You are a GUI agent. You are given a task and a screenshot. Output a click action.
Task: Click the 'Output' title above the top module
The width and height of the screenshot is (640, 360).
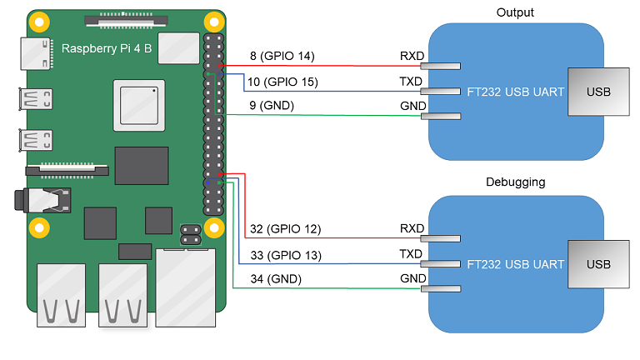tap(514, 12)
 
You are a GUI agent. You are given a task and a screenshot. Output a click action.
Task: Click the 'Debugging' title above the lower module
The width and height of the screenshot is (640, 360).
tap(514, 182)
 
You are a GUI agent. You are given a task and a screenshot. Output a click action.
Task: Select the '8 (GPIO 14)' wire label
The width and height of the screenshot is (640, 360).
tap(282, 57)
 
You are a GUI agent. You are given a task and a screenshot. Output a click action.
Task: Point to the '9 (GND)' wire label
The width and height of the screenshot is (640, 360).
tap(272, 106)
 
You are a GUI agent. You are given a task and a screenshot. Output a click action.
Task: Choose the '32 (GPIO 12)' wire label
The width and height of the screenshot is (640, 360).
tap(285, 228)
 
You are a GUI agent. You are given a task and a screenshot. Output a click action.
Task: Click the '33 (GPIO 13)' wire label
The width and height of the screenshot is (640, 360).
tap(285, 254)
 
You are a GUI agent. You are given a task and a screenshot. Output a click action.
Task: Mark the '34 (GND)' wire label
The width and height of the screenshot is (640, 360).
tap(275, 278)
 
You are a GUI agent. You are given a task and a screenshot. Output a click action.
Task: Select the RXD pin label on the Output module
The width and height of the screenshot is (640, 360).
tap(412, 57)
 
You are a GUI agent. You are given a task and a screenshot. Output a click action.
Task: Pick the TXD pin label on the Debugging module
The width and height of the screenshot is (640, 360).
tap(412, 254)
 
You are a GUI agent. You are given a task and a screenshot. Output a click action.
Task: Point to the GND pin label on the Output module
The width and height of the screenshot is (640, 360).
tap(412, 106)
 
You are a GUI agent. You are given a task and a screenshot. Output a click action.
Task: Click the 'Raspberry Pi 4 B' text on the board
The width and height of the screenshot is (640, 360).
tap(107, 48)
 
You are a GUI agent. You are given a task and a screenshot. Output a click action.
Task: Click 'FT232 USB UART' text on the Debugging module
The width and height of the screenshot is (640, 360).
tap(515, 264)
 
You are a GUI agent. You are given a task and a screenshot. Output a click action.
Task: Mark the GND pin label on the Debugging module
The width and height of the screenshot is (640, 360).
tap(412, 278)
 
